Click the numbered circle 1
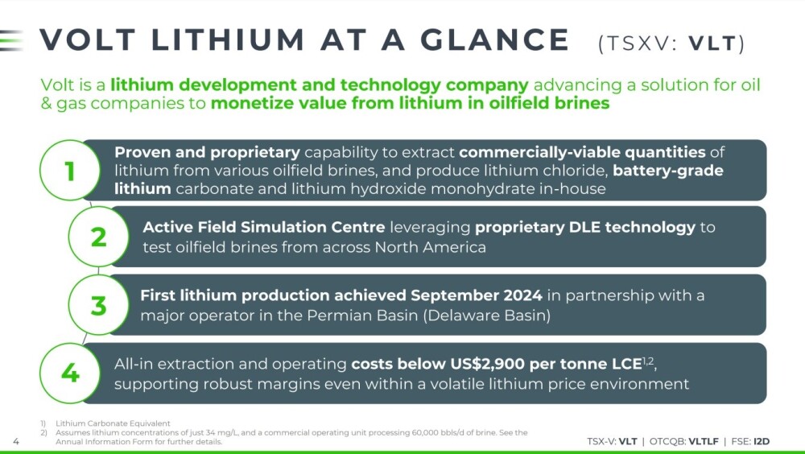pyautogui.click(x=70, y=170)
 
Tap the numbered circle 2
pyautogui.click(x=98, y=236)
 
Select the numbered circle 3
pyautogui.click(x=98, y=304)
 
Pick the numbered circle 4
pyautogui.click(x=70, y=373)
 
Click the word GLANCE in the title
pyautogui.click(x=495, y=40)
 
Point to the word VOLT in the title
pyautogui.click(x=87, y=40)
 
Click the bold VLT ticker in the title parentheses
pyautogui.click(x=712, y=43)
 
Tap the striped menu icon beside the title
pyautogui.click(x=11, y=40)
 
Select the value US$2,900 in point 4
pyautogui.click(x=487, y=364)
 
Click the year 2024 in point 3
pyautogui.click(x=522, y=295)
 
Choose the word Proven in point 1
pyautogui.click(x=142, y=152)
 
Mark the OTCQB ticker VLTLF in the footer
pyautogui.click(x=704, y=441)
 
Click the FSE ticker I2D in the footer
pyautogui.click(x=762, y=441)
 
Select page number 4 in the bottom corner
pyautogui.click(x=16, y=442)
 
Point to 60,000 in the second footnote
pyautogui.click(x=425, y=432)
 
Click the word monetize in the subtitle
pyautogui.click(x=244, y=103)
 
